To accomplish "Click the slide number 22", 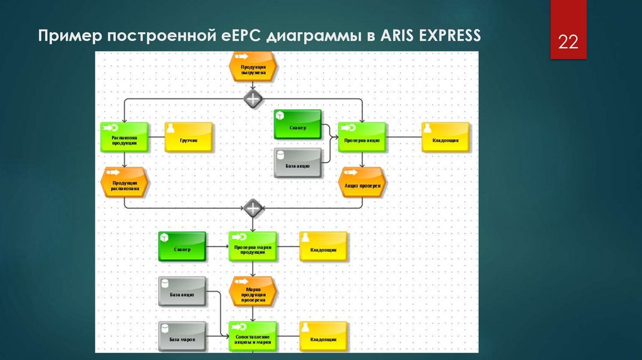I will tap(568, 43).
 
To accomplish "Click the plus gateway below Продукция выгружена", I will tap(252, 98).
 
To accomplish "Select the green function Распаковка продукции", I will tap(124, 137).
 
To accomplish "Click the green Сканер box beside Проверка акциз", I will tap(297, 125).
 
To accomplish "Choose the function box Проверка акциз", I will tap(362, 137).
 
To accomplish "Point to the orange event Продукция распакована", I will tap(124, 182).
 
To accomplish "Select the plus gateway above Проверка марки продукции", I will tap(252, 207).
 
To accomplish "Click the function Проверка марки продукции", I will tap(252, 246).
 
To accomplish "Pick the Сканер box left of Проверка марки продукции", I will tap(182, 246).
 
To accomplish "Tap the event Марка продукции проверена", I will tap(252, 292).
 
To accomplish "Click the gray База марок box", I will tap(182, 337).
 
